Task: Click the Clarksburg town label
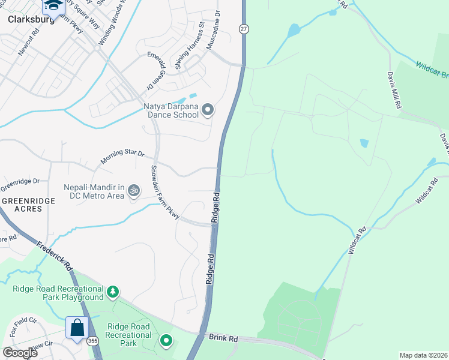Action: pyautogui.click(x=31, y=19)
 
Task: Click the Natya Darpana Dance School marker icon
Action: pyautogui.click(x=208, y=109)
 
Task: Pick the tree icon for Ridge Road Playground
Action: pyautogui.click(x=112, y=292)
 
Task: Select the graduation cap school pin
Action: pyautogui.click(x=53, y=5)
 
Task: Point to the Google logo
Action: pyautogui.click(x=20, y=353)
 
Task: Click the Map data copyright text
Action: pyautogui.click(x=423, y=355)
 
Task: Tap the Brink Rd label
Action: pyautogui.click(x=223, y=338)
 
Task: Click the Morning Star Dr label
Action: pyautogui.click(x=122, y=157)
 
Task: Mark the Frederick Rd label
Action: pyautogui.click(x=54, y=256)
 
